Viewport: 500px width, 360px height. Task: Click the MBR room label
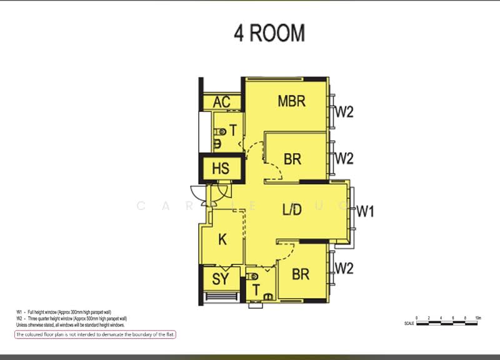[x=292, y=100]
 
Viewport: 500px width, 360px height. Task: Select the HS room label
[x=221, y=169]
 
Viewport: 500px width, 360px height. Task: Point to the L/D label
[x=292, y=210]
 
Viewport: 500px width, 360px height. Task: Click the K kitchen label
[x=222, y=239]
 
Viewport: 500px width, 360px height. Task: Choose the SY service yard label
[x=221, y=279]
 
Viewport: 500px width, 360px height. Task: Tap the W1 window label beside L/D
[x=365, y=211]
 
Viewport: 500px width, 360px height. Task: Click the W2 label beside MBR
[x=345, y=112]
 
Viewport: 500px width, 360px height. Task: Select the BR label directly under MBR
[x=292, y=159]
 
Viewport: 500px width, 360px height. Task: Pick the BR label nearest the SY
[x=301, y=274]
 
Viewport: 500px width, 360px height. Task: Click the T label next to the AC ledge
[x=232, y=131]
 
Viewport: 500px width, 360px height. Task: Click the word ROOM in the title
[x=278, y=33]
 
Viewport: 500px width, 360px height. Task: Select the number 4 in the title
[x=239, y=33]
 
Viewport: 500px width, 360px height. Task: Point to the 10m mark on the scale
[x=477, y=318]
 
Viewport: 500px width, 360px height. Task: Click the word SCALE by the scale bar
[x=409, y=324]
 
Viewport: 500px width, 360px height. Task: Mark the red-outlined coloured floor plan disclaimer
[x=96, y=335]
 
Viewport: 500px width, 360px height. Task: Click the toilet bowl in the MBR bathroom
[x=221, y=132]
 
